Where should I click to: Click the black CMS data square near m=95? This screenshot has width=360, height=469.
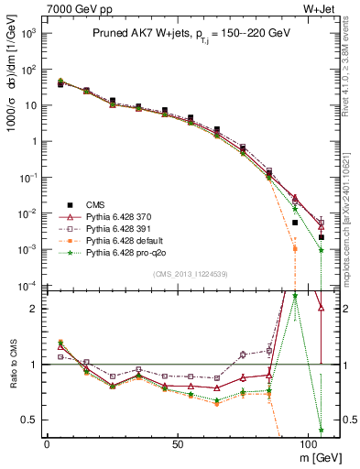pos(295,223)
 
